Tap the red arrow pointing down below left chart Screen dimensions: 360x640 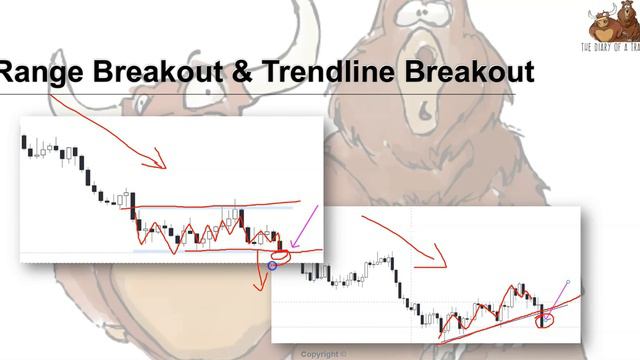(x=263, y=281)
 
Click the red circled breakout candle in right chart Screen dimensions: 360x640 (x=545, y=319)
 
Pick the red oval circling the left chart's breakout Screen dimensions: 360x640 (x=282, y=255)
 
